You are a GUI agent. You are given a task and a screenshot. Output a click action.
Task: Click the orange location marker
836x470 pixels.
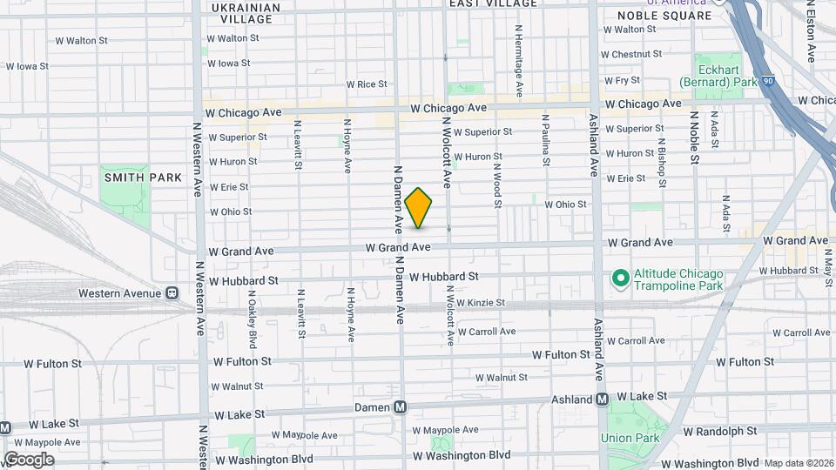click(x=418, y=208)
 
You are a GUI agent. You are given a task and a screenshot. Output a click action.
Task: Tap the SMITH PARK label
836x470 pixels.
click(x=143, y=178)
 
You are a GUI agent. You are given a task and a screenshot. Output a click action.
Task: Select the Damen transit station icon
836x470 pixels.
click(x=401, y=406)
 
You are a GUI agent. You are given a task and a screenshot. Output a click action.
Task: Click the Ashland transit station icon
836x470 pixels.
click(x=602, y=399)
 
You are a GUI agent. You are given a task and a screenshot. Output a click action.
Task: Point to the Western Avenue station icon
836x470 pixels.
click(x=172, y=293)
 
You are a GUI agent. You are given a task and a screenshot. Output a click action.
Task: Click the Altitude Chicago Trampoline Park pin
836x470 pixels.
click(x=620, y=279)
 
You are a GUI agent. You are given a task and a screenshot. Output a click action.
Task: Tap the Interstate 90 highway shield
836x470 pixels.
click(x=767, y=80)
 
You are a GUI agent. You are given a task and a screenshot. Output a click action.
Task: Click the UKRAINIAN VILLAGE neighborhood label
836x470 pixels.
click(x=247, y=12)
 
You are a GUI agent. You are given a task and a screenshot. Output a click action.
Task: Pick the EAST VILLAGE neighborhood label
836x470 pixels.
click(x=493, y=3)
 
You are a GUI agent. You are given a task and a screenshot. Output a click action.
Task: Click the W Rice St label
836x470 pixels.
click(x=366, y=84)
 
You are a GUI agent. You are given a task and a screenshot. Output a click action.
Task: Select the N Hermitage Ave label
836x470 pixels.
click(x=518, y=60)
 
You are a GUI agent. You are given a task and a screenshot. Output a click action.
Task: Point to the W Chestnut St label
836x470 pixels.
click(x=638, y=54)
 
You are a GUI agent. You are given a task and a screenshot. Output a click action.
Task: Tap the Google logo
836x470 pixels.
click(x=29, y=459)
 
